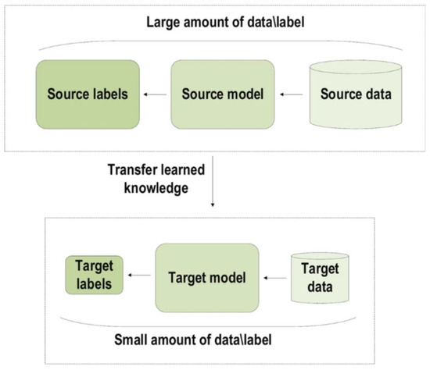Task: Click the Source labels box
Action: [87, 95]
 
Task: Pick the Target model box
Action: [206, 276]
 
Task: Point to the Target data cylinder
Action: [316, 276]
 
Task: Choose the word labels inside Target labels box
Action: [93, 283]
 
